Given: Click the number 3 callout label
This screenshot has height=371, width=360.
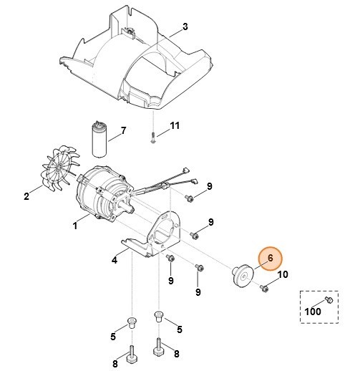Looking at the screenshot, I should pyautogui.click(x=185, y=27).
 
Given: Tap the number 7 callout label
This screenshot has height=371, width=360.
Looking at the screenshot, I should pyautogui.click(x=122, y=131).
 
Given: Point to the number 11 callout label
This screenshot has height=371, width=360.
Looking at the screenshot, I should pyautogui.click(x=175, y=127).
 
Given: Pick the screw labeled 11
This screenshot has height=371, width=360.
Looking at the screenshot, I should pyautogui.click(x=153, y=138).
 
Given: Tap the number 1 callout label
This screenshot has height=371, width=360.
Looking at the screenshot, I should pyautogui.click(x=75, y=226).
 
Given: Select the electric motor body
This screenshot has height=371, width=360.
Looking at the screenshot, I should pyautogui.click(x=100, y=193).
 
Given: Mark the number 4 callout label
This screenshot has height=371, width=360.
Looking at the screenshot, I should pyautogui.click(x=115, y=260).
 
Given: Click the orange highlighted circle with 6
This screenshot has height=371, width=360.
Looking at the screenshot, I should pyautogui.click(x=270, y=259).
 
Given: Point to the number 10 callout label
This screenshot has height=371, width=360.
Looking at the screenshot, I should pyautogui.click(x=282, y=274).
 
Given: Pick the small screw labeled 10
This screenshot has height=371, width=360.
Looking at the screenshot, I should pyautogui.click(x=264, y=288).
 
